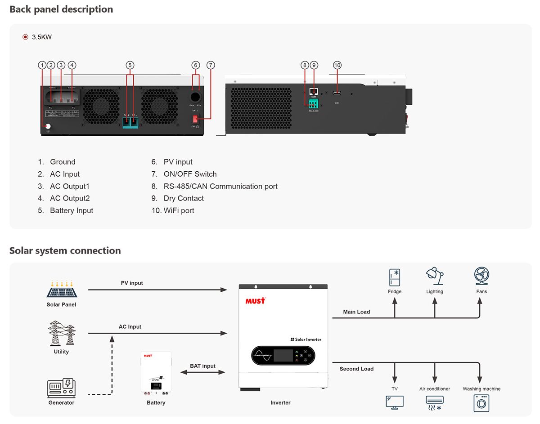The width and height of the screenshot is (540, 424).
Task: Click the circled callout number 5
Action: (130, 65)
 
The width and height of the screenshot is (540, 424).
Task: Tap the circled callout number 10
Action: (337, 65)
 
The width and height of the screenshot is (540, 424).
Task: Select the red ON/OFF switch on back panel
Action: (195, 119)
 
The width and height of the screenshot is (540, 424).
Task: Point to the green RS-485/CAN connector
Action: (313, 104)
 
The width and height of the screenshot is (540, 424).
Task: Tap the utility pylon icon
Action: (62, 333)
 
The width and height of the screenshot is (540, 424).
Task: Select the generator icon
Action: (61, 388)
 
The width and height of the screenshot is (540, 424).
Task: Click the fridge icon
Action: (395, 278)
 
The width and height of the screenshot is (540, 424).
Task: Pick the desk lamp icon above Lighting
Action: (434, 276)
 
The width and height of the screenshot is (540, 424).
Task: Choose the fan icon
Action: (481, 276)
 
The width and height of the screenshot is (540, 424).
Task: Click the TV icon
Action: (395, 402)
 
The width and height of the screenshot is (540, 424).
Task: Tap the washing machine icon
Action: (481, 403)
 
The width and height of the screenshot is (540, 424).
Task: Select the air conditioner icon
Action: (434, 402)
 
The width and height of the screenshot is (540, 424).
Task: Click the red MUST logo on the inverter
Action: (255, 301)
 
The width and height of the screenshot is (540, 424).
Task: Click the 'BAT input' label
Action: (202, 366)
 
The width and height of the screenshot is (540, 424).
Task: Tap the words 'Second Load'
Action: (356, 369)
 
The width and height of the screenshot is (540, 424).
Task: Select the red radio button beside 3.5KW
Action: (25, 37)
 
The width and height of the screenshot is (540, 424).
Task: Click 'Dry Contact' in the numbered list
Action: (184, 198)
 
